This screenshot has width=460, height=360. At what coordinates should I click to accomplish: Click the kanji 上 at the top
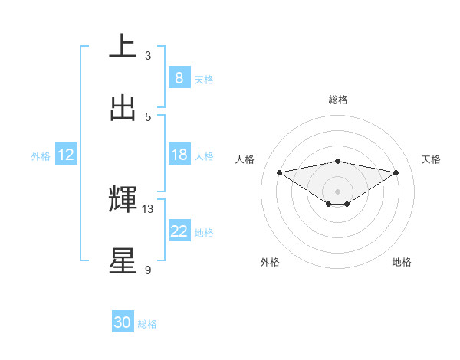[x=123, y=47]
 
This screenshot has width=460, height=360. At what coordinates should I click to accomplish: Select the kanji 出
[x=123, y=108]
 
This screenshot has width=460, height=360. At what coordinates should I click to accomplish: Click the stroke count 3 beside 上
[x=148, y=56]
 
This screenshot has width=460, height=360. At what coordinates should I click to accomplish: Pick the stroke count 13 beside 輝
[x=148, y=209]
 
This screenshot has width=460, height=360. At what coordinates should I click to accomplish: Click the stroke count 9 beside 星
[x=148, y=270]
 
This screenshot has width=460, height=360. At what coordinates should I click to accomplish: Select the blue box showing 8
[x=179, y=78]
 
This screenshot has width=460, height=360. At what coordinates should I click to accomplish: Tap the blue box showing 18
[x=179, y=155]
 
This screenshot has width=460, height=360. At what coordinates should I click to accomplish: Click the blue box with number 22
[x=179, y=231]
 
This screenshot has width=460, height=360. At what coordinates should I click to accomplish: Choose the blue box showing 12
[x=66, y=155]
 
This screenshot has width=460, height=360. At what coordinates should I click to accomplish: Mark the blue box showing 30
[x=123, y=322]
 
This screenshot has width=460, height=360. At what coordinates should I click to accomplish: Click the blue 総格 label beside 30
[x=147, y=324]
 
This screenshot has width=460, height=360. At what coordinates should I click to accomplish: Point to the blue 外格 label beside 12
[x=41, y=156]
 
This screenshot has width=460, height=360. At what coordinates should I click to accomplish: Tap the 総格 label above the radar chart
[x=338, y=100]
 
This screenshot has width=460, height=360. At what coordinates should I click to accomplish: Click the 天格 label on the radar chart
[x=432, y=159]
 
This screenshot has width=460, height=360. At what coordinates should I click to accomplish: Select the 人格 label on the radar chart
[x=245, y=159]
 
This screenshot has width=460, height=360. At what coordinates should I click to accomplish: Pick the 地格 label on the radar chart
[x=402, y=262]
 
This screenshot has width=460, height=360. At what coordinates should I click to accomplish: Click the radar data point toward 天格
[x=396, y=172]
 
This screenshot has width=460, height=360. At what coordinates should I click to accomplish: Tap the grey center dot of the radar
[x=338, y=191]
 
